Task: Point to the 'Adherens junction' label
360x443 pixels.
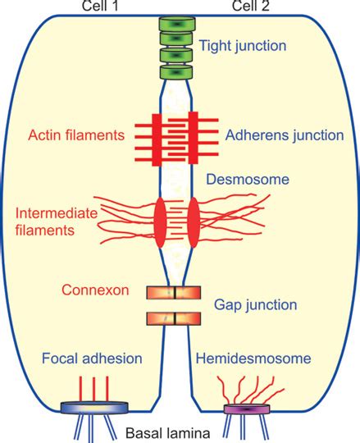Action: tap(272, 133)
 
